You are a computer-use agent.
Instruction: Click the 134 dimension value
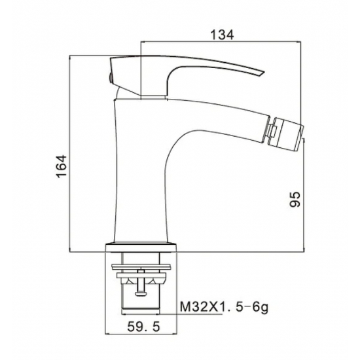tap(222, 35)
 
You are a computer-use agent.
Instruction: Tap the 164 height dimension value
tap(62, 166)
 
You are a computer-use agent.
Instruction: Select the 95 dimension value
tap(295, 199)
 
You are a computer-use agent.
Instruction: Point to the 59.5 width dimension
tap(143, 327)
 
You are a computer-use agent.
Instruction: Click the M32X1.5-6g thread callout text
tap(224, 307)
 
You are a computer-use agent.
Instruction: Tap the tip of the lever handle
tap(264, 73)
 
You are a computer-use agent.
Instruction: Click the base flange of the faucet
tap(141, 247)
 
